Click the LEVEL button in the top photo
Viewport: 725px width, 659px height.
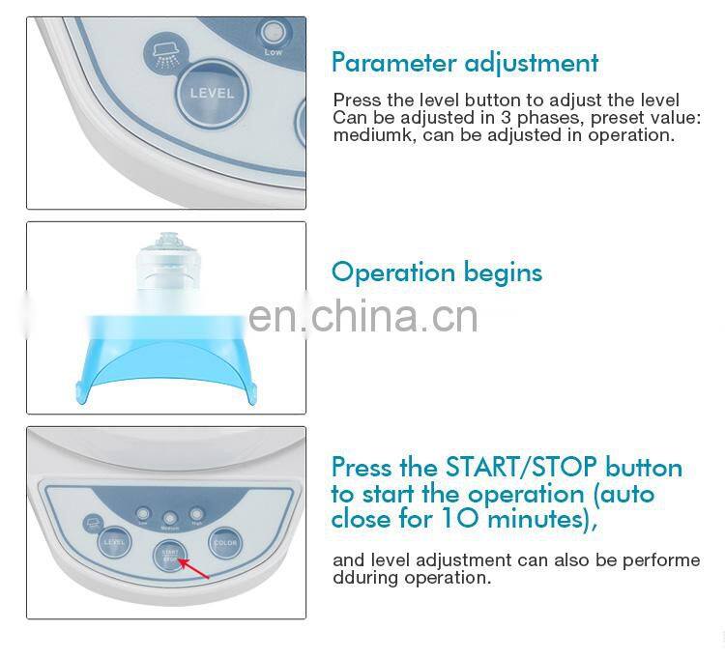pos(211,95)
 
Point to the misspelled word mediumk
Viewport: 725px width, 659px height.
pos(367,135)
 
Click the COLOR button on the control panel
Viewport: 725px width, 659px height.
pos(224,542)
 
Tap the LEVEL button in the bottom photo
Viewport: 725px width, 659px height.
pos(114,542)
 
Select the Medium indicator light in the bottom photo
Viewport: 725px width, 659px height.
pos(169,517)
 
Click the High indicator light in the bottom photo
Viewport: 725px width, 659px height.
pos(197,515)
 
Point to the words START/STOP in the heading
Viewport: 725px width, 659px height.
pos(519,469)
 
